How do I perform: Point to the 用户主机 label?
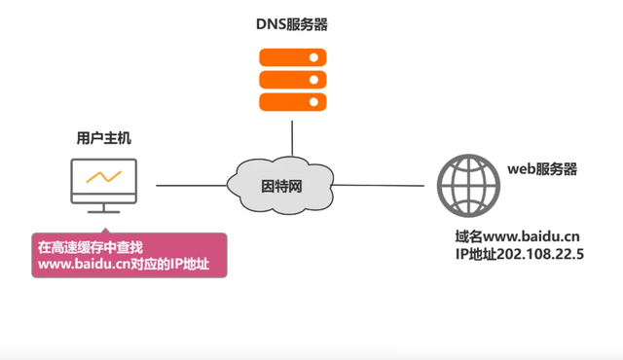pyautogui.click(x=104, y=139)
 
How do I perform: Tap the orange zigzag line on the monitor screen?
pyautogui.click(x=103, y=177)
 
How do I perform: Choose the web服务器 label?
pyautogui.click(x=542, y=169)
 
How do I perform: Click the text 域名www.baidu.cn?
pyautogui.click(x=517, y=236)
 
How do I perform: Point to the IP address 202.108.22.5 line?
pyautogui.click(x=517, y=254)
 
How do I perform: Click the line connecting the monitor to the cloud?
pyautogui.click(x=190, y=184)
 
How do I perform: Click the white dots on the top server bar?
pyautogui.click(x=314, y=57)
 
